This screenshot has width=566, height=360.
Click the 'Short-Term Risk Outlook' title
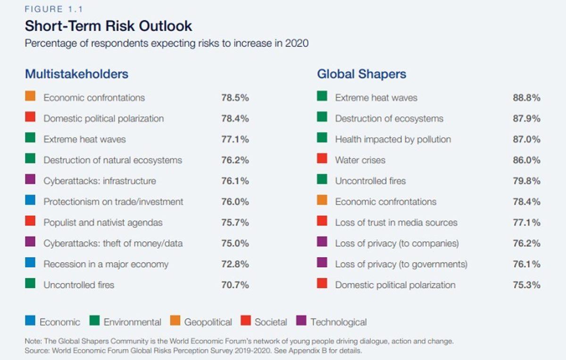[x=108, y=25]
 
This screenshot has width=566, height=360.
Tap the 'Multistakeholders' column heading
[x=76, y=74]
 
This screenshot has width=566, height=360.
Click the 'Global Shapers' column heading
[x=361, y=74]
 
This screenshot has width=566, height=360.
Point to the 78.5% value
[x=235, y=98]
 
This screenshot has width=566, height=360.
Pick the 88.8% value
[x=526, y=98]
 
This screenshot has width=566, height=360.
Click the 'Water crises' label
[x=360, y=160]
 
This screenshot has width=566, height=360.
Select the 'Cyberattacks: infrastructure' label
[x=100, y=181]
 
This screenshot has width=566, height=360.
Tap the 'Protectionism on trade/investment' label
[x=113, y=202]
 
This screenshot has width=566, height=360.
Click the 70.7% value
[x=235, y=285]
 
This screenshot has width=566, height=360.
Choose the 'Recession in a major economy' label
[x=106, y=264]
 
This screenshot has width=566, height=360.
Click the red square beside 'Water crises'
[x=322, y=159]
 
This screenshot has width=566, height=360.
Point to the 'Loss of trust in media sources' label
[x=396, y=223]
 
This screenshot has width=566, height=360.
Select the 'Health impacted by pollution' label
[x=393, y=140]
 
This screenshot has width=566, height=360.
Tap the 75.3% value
[x=526, y=285]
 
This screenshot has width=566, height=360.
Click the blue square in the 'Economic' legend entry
[x=30, y=321]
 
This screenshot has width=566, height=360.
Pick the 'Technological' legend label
[x=338, y=322]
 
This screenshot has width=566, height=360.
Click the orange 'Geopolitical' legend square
[x=175, y=321]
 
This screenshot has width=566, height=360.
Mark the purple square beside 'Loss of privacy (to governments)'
[x=322, y=263]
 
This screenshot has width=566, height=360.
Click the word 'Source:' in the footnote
[x=37, y=351]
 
